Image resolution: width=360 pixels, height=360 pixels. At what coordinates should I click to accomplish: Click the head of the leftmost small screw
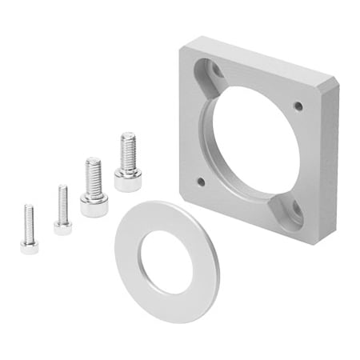pyautogui.click(x=30, y=246)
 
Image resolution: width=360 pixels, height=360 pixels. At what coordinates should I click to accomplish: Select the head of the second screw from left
pyautogui.click(x=62, y=227)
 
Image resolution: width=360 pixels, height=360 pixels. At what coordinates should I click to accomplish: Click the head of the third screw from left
pyautogui.click(x=94, y=206)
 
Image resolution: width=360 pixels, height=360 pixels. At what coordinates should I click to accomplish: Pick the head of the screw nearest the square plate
pyautogui.click(x=127, y=180)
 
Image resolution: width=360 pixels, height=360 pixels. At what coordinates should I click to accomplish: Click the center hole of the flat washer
pyautogui.click(x=166, y=262)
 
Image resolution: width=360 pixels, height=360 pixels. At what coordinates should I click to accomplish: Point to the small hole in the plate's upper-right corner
pyautogui.click(x=298, y=106)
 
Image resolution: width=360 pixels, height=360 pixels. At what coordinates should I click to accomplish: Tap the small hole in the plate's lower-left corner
pyautogui.click(x=200, y=182)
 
